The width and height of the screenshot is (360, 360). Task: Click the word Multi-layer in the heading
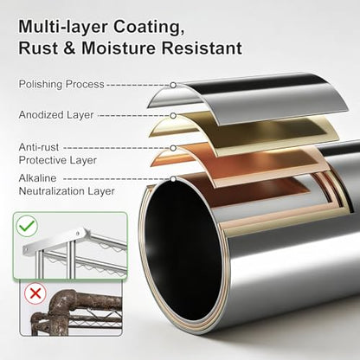point(63,27)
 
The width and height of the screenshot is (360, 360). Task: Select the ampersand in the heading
point(69,48)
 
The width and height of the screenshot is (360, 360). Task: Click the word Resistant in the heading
point(202,48)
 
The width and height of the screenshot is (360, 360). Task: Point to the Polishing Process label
point(61,85)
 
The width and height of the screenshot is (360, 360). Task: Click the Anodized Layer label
point(56,115)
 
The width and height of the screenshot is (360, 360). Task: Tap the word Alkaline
point(37,178)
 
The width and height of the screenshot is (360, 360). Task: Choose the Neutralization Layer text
point(67,191)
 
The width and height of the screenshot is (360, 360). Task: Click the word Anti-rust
point(39,147)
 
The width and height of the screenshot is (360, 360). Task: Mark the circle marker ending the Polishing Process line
point(173,85)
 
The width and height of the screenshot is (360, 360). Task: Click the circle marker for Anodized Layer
point(173,116)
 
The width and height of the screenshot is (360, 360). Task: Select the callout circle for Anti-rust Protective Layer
point(173,148)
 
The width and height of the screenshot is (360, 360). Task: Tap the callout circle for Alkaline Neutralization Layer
point(173,179)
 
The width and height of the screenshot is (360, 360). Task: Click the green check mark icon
point(27,226)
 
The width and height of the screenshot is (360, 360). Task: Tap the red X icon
point(35,293)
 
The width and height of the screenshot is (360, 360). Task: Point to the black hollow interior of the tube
point(183,252)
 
